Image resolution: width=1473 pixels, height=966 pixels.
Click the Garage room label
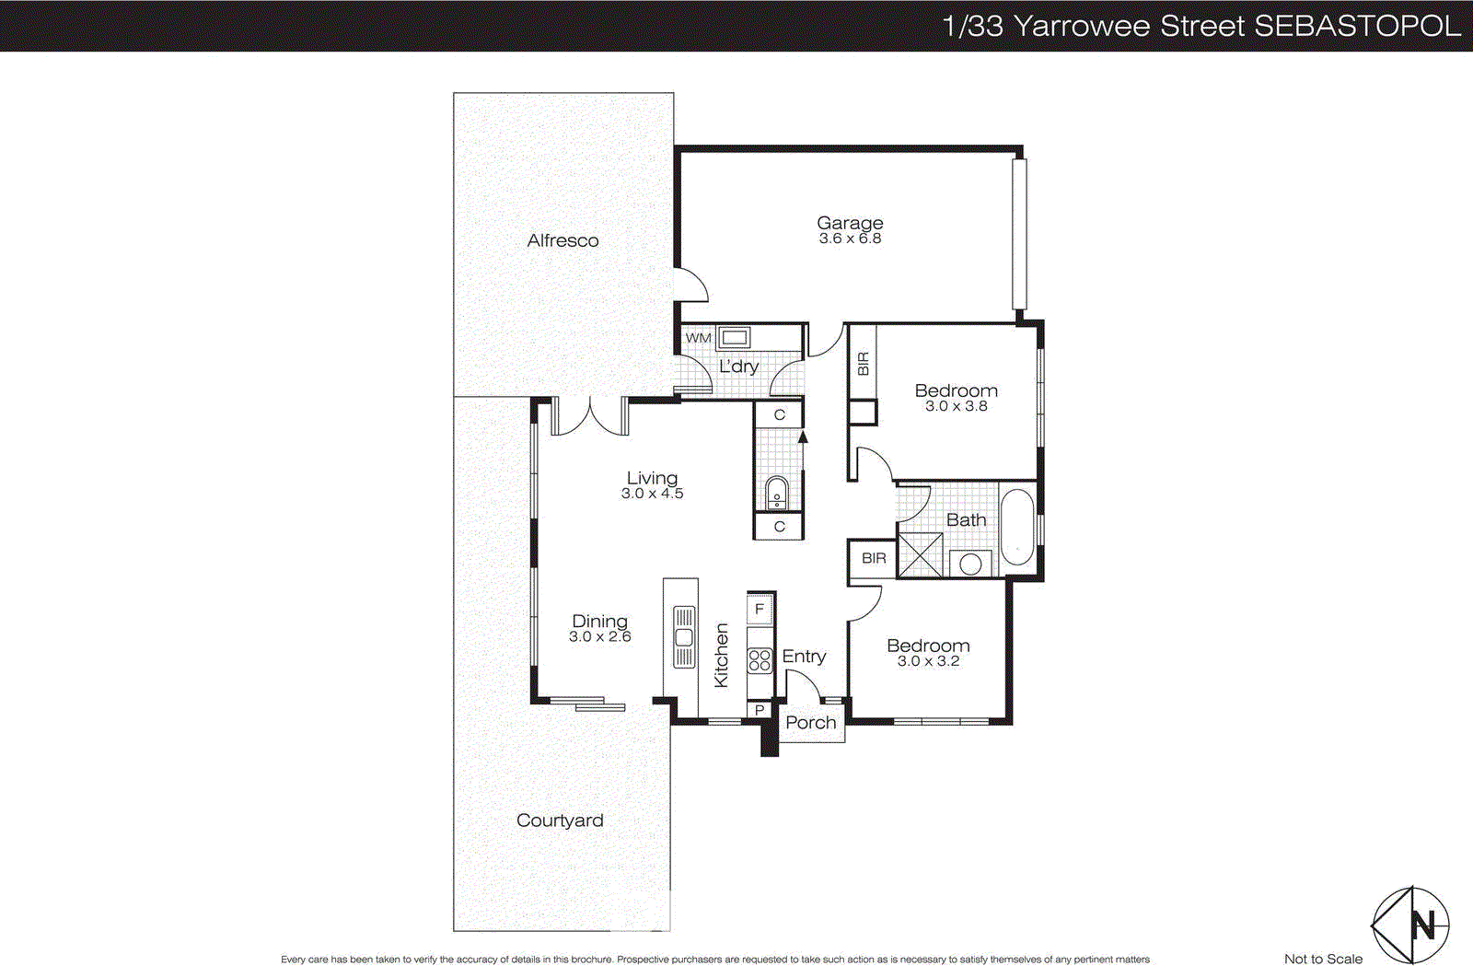[850, 222]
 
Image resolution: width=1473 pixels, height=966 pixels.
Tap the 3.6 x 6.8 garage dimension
[850, 239]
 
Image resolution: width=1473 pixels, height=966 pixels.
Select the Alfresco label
[563, 240]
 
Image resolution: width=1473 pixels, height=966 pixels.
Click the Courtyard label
[560, 821]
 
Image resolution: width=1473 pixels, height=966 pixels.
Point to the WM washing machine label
[698, 338]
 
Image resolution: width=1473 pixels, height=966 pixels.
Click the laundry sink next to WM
[734, 337]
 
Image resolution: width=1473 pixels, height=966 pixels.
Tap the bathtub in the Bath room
[1017, 527]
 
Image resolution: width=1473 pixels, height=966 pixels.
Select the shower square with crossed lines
[920, 554]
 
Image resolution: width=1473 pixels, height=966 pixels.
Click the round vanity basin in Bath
[970, 563]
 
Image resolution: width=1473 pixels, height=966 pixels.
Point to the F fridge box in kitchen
[760, 609]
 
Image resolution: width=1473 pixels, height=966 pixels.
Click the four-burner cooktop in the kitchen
[760, 659]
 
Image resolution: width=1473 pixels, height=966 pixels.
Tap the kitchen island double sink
[684, 636]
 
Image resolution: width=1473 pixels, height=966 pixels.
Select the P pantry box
[760, 710]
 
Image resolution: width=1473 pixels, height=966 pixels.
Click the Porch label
[811, 723]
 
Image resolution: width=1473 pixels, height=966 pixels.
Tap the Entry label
[804, 656]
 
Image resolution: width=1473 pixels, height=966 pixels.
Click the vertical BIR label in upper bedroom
[863, 364]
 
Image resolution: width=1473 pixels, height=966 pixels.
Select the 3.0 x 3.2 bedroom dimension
[928, 661]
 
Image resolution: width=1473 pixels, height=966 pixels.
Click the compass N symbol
[1423, 925]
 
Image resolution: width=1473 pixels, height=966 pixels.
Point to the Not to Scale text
[1323, 959]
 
